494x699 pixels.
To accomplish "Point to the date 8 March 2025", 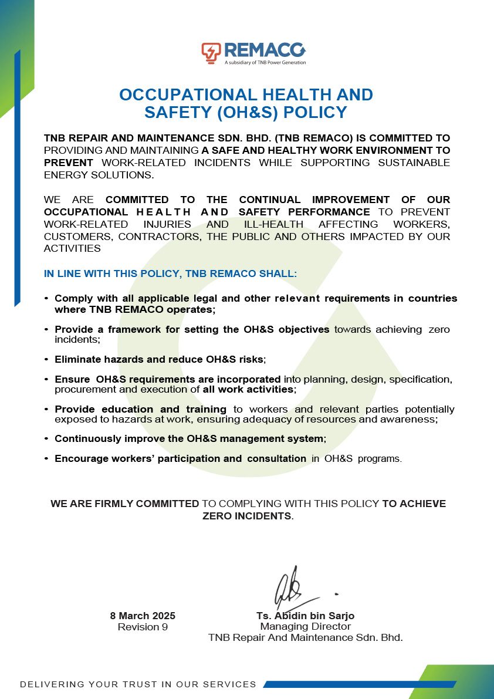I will tap(143, 616).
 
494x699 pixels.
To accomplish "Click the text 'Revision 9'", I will tap(143, 627).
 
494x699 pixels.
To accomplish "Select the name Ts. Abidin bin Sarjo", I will tap(305, 616).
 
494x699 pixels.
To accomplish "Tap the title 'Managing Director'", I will tap(305, 627).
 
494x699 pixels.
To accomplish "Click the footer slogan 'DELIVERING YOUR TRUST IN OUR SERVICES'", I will tap(138, 684).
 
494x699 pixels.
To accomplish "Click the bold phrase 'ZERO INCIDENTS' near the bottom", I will tap(247, 516).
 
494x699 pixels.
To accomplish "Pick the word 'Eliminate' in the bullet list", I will tap(77, 359).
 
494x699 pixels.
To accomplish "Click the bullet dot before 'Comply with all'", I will tap(46, 299).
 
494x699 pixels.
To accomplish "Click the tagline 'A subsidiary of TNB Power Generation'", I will tap(265, 62).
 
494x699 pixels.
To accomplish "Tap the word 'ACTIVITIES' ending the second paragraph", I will tap(72, 248).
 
